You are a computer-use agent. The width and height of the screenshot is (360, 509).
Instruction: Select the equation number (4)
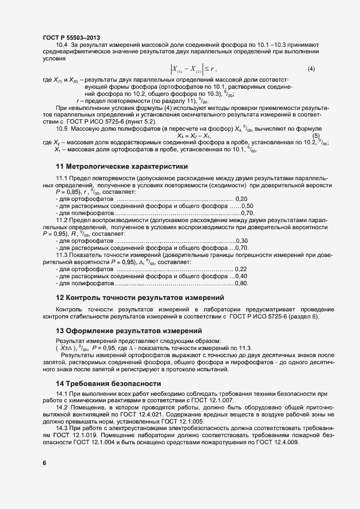(x=312, y=69)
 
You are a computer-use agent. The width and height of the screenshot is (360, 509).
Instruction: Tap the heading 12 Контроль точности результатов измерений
(x=140, y=297)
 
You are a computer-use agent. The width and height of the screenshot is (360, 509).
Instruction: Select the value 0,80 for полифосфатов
(x=242, y=283)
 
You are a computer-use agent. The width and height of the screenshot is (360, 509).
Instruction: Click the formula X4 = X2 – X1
(x=194, y=136)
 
